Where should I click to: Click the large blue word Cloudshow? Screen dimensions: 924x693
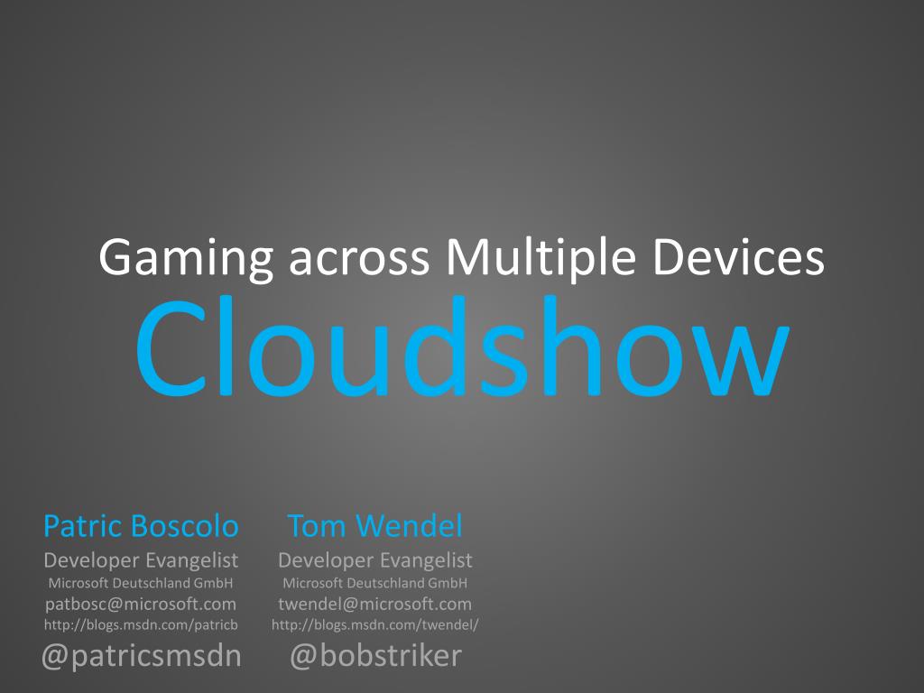tap(463, 346)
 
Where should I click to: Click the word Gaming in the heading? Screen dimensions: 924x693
tap(186, 258)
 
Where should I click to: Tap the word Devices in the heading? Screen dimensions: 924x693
tap(738, 257)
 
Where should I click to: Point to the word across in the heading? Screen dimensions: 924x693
tap(359, 261)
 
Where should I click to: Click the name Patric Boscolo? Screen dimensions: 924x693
tap(141, 525)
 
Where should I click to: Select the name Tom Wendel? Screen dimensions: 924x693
tap(374, 525)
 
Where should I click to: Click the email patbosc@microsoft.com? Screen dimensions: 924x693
tap(141, 604)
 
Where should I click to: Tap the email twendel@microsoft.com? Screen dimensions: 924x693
tap(374, 604)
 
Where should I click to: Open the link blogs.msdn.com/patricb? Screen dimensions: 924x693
tap(141, 624)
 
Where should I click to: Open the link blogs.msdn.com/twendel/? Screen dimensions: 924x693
tap(374, 624)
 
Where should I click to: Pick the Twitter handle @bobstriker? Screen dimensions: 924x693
tap(376, 655)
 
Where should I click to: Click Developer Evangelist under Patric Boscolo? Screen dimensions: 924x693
tap(141, 560)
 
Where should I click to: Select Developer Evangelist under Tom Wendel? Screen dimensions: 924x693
tap(374, 560)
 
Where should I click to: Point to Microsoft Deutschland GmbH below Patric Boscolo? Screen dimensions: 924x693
tap(141, 583)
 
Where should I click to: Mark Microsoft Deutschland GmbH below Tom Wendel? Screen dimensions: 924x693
tap(374, 583)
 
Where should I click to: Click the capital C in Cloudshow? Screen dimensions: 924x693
tap(171, 348)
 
